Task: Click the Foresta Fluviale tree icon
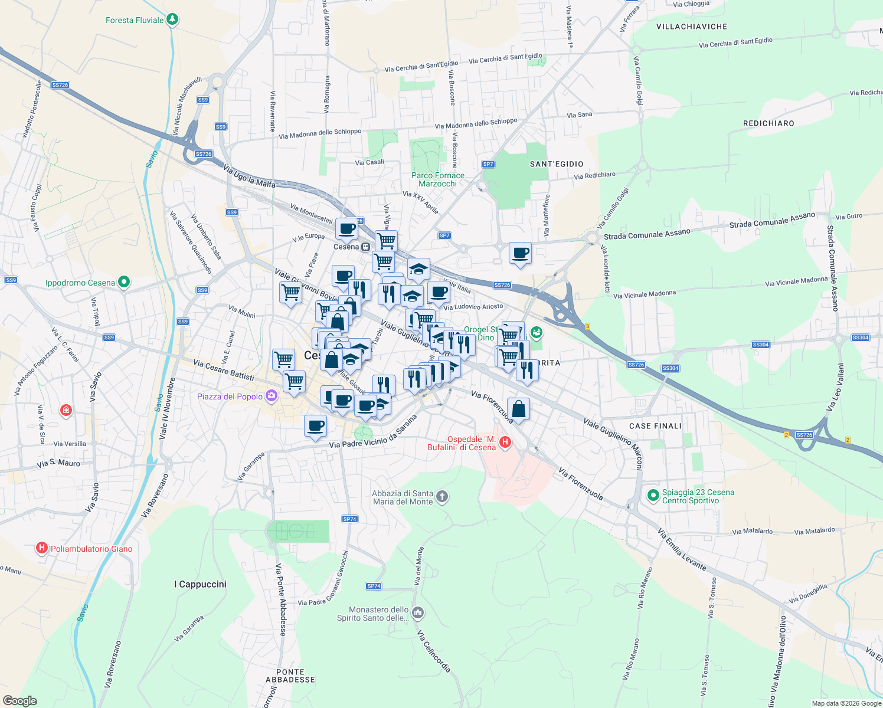(x=172, y=19)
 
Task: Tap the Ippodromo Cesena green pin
(x=123, y=282)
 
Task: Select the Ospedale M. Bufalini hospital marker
(x=505, y=442)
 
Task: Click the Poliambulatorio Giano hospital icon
(x=41, y=548)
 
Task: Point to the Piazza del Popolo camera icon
(x=272, y=396)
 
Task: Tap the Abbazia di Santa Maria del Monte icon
(x=443, y=497)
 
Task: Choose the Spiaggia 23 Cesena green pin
(x=653, y=496)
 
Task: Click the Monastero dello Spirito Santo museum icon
(x=418, y=613)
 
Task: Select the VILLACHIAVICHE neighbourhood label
(x=692, y=27)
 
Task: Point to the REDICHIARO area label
(x=768, y=123)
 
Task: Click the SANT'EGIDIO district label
(x=557, y=164)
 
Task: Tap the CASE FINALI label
(x=655, y=426)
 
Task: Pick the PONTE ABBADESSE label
(x=290, y=676)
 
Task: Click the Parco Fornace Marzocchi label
(x=438, y=179)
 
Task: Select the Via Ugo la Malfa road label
(x=249, y=176)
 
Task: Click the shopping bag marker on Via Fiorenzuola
(x=518, y=409)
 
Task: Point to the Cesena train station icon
(x=366, y=247)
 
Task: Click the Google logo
(x=20, y=700)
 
